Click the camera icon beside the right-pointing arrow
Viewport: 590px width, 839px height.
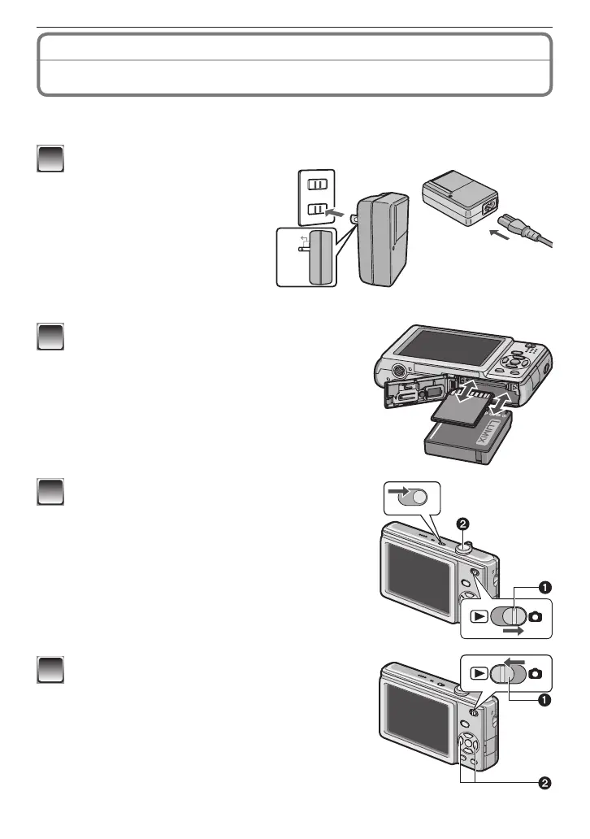tap(536, 616)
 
